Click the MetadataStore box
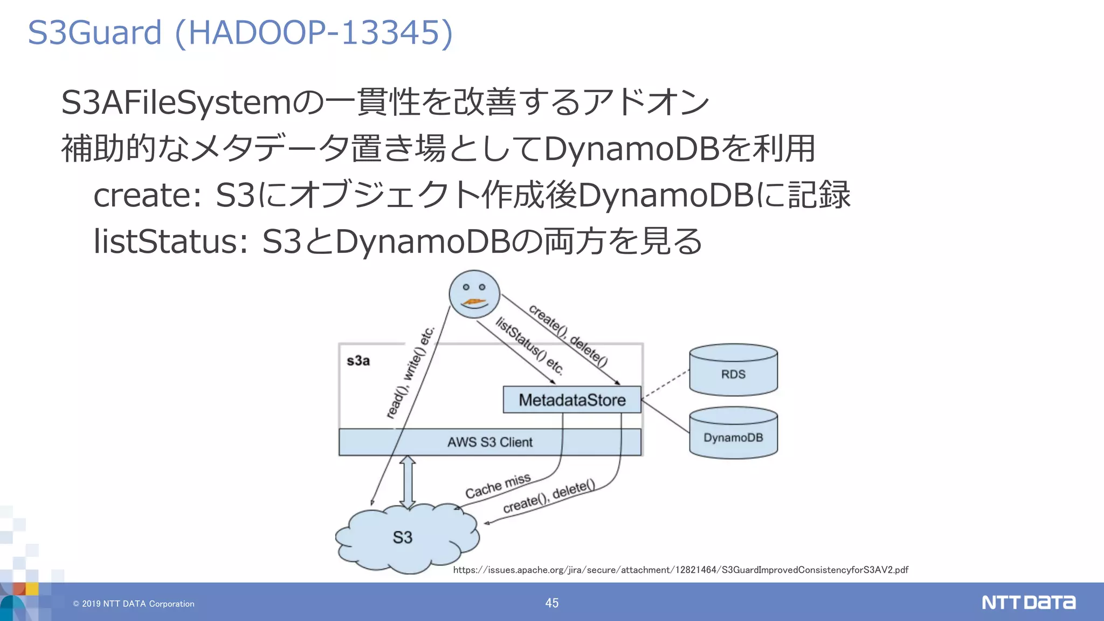pos(571,400)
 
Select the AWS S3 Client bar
pos(489,442)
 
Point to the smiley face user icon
pos(474,294)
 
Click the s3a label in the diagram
pos(358,361)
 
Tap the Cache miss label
pos(498,486)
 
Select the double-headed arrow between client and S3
pos(408,482)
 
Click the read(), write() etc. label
pos(411,372)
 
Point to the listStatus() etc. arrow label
pos(529,346)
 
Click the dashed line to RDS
pos(665,385)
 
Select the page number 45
pos(551,603)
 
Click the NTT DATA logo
pos(1028,602)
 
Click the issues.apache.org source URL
pos(680,570)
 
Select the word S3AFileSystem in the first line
pos(176,102)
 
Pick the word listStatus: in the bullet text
pos(170,241)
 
